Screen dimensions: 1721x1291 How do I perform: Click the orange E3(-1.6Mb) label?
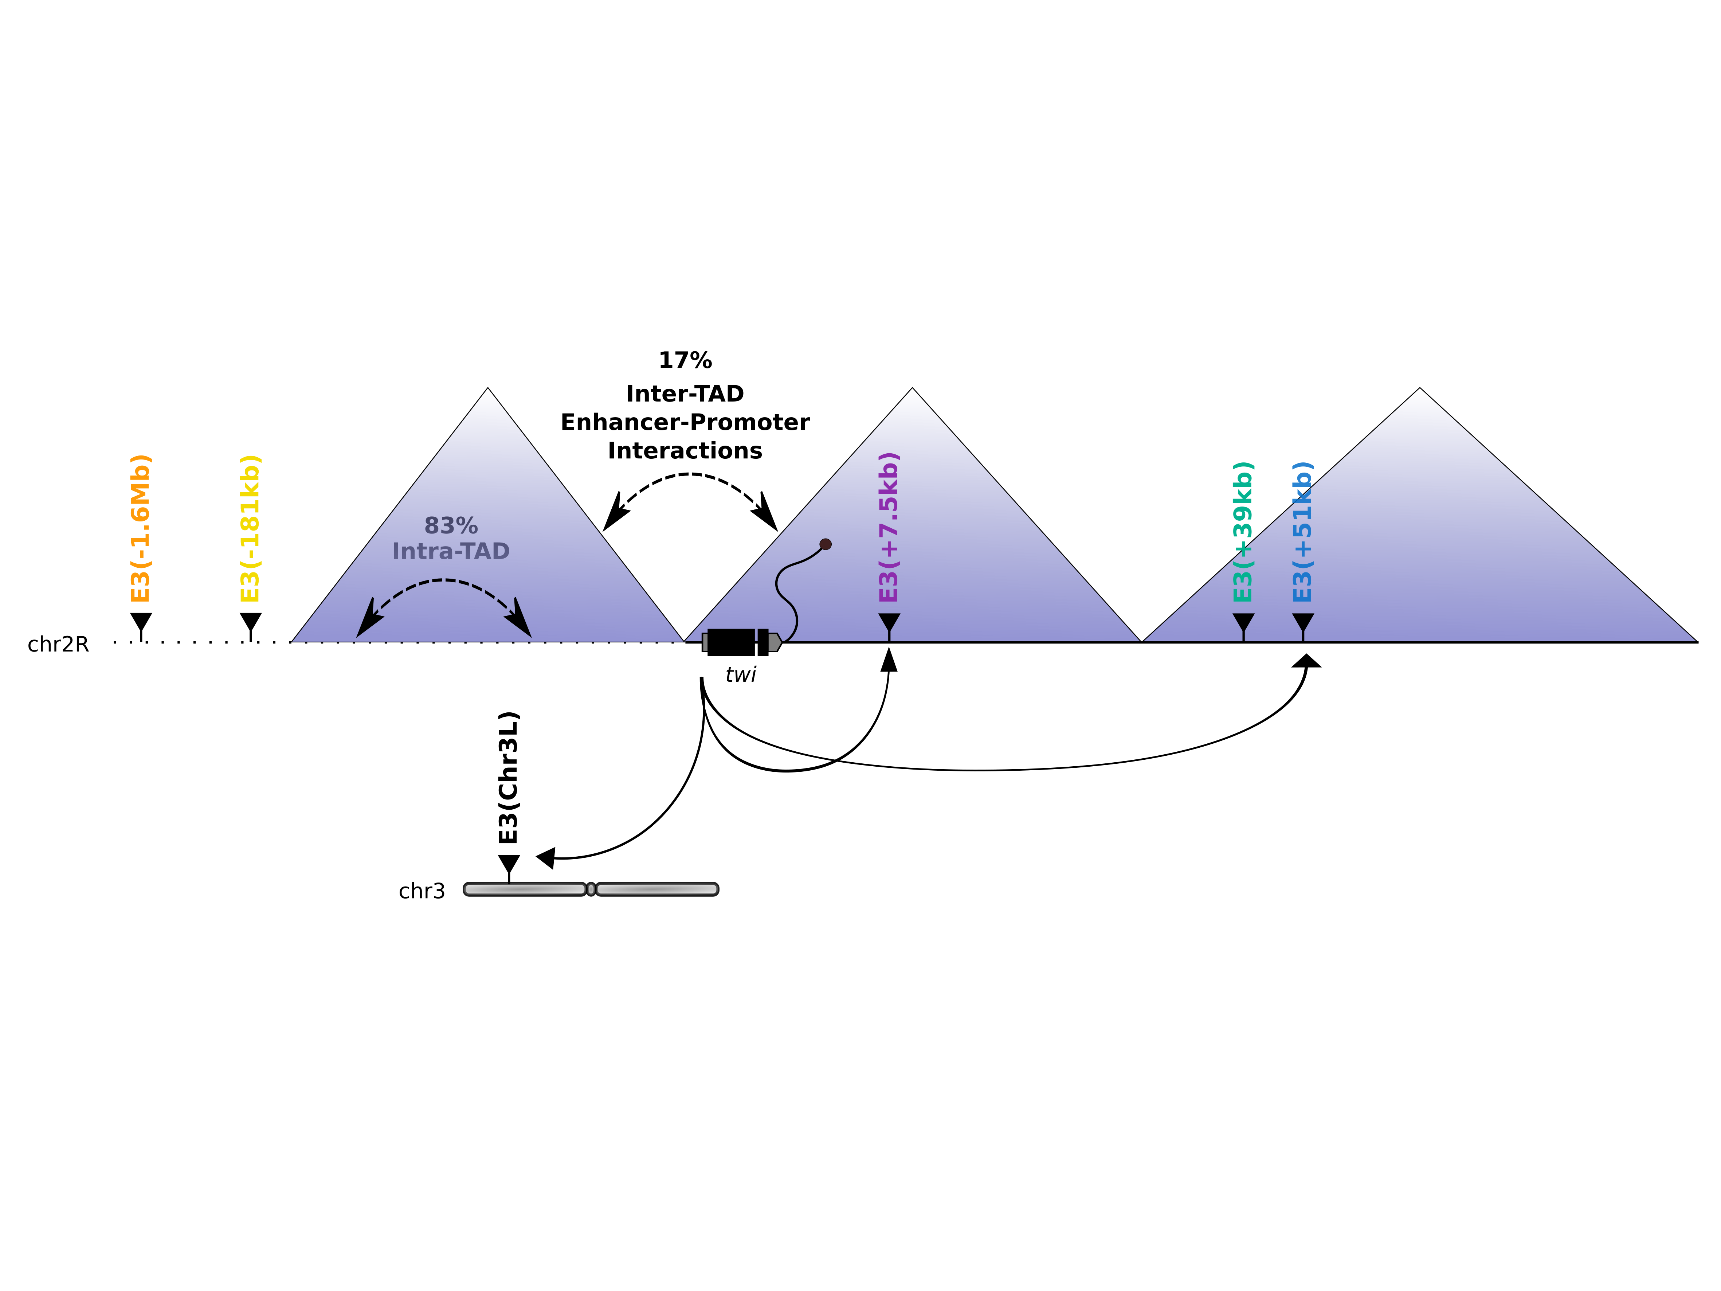[x=140, y=528]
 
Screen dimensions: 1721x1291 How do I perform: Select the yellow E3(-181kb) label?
[x=250, y=528]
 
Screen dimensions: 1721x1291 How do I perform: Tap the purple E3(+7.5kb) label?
[x=889, y=527]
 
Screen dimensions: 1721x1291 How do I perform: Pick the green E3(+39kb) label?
[x=1243, y=532]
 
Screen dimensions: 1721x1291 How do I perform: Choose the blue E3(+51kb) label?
[x=1302, y=532]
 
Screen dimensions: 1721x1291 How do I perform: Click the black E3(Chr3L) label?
[x=508, y=777]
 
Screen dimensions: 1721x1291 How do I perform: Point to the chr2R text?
[x=58, y=644]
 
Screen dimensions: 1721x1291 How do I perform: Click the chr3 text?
[x=422, y=891]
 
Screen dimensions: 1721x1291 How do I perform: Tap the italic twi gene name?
[x=741, y=675]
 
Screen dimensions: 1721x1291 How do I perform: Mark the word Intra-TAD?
[x=451, y=551]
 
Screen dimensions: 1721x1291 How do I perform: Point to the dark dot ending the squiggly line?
[x=826, y=544]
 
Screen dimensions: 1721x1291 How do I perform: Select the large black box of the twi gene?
[x=730, y=642]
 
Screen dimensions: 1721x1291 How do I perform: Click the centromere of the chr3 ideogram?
[x=591, y=889]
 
